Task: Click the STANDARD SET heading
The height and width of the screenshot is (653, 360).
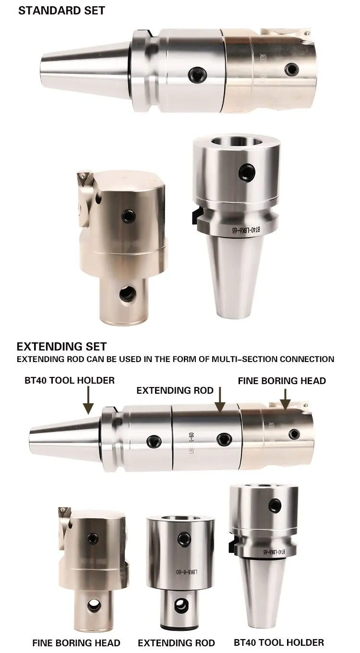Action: pos(61,11)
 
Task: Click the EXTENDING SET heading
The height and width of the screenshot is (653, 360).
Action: pos(61,346)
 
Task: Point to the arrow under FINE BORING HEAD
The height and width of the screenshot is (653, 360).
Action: pos(285,399)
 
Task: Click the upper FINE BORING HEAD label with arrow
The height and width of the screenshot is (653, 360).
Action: pos(282,381)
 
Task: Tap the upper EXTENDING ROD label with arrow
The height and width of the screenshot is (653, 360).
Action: pos(175,390)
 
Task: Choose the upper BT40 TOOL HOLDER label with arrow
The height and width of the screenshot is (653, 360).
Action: pos(70,380)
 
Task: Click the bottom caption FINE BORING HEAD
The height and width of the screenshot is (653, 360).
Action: pos(76,642)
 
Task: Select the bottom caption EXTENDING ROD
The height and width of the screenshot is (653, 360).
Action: pos(176,642)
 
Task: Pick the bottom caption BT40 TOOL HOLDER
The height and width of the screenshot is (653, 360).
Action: pos(279,642)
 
